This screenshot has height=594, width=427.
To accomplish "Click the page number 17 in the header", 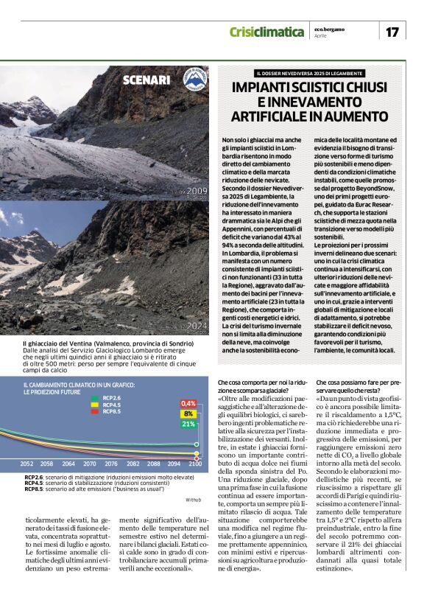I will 392,32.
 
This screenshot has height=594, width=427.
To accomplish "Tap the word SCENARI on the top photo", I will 147,80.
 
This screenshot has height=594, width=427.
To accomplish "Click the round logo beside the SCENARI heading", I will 195,80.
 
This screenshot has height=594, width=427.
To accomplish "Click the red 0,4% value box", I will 188,403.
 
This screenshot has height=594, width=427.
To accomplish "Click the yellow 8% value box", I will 188,413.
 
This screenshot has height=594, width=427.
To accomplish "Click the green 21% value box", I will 188,424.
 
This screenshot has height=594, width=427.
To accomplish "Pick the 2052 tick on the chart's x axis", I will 27,464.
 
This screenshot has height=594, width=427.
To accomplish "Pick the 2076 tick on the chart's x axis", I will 111,464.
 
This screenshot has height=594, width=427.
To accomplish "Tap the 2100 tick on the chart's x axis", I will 196,464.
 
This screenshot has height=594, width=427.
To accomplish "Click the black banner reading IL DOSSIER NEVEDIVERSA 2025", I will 309,73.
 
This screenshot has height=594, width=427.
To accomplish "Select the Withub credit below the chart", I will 193,500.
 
